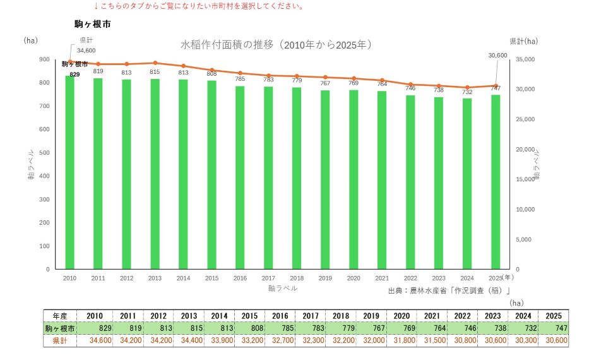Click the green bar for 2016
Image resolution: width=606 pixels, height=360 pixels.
click(x=240, y=177)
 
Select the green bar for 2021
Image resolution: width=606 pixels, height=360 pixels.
click(x=382, y=180)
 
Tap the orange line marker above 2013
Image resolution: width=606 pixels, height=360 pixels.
click(x=155, y=63)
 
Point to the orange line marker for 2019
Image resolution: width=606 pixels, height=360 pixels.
click(x=326, y=77)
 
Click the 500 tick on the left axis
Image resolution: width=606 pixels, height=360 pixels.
click(x=44, y=153)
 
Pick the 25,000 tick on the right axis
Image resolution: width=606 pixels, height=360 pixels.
click(x=525, y=119)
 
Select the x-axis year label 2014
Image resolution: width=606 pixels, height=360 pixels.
click(x=183, y=278)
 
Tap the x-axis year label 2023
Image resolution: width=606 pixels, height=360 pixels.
click(x=439, y=278)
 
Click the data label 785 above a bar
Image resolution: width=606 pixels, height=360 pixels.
click(x=240, y=79)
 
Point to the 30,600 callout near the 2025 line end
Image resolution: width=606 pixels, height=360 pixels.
click(x=497, y=56)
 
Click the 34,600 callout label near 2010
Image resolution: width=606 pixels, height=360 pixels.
click(x=86, y=51)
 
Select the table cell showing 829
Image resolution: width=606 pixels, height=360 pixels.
click(x=95, y=328)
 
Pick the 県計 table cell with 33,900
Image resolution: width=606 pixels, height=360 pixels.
click(x=219, y=340)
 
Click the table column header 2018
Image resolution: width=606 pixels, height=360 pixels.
click(x=341, y=316)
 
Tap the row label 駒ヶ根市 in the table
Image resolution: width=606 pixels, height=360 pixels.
click(x=60, y=328)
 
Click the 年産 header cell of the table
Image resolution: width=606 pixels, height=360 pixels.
click(x=60, y=316)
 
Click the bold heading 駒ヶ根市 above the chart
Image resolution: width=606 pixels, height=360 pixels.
click(x=92, y=24)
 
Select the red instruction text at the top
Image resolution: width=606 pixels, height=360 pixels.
click(x=198, y=6)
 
